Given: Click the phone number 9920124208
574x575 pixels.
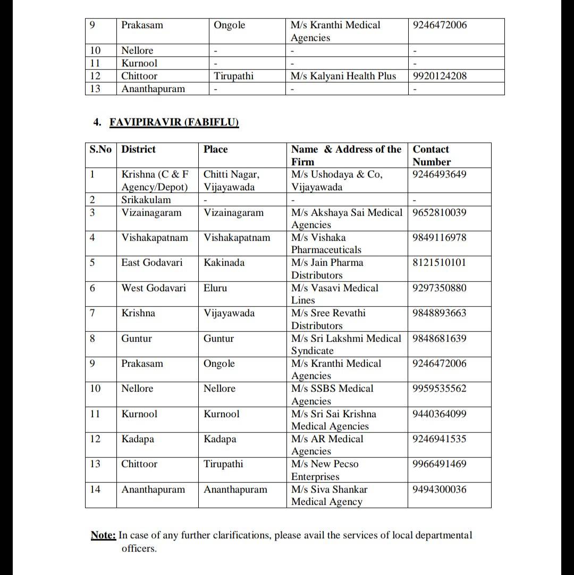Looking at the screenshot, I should (440, 76).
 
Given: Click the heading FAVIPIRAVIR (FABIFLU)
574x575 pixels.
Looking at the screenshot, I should (174, 123).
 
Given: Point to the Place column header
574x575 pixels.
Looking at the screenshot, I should (215, 149).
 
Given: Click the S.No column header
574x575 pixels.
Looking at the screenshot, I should (100, 149).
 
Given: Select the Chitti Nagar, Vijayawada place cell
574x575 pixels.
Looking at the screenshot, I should (231, 181).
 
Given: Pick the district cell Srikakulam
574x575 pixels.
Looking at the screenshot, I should (146, 200).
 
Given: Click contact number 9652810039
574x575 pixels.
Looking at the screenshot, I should (439, 213).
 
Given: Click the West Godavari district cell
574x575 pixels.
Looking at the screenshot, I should (154, 288).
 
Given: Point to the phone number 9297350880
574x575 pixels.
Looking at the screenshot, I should (439, 288).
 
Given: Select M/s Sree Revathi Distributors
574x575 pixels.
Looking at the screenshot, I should (328, 319).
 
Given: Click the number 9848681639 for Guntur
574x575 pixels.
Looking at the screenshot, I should (439, 339).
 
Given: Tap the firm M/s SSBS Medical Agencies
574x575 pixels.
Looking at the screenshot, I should (332, 394).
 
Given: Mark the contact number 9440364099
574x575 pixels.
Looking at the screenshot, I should (439, 414).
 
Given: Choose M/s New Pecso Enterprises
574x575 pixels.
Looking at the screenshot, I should (324, 470).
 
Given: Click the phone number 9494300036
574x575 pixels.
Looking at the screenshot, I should (439, 489).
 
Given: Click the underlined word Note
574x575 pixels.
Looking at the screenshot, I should (103, 535).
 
